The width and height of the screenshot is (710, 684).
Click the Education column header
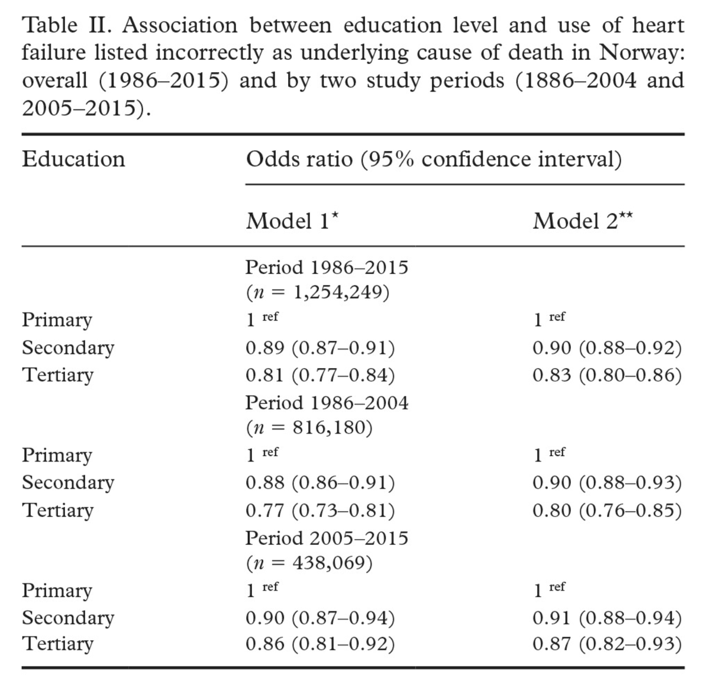pos(73,159)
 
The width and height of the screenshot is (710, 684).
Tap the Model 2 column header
pos(582,221)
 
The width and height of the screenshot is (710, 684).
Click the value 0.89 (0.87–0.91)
pos(320,348)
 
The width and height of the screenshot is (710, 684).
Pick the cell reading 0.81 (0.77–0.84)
pos(320,375)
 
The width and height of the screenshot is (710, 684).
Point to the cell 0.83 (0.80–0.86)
pos(607,375)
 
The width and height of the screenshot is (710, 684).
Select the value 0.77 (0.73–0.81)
pos(320,510)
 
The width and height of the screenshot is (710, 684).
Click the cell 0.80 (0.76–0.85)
pos(607,510)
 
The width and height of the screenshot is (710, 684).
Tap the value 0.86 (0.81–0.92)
pos(320,644)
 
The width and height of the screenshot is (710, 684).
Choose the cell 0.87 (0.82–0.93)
pos(607,644)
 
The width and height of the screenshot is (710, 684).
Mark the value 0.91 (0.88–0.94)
pos(607,618)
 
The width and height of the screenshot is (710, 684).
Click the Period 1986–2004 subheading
pos(327,403)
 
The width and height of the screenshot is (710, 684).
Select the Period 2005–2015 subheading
pos(327,538)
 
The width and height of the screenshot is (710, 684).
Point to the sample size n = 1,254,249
pos(318,292)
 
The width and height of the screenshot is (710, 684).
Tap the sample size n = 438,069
pos(309,563)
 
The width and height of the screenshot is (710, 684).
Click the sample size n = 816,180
pos(309,428)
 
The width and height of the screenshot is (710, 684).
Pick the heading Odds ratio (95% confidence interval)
pos(434,159)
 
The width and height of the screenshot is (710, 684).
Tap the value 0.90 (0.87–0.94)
pos(320,618)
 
